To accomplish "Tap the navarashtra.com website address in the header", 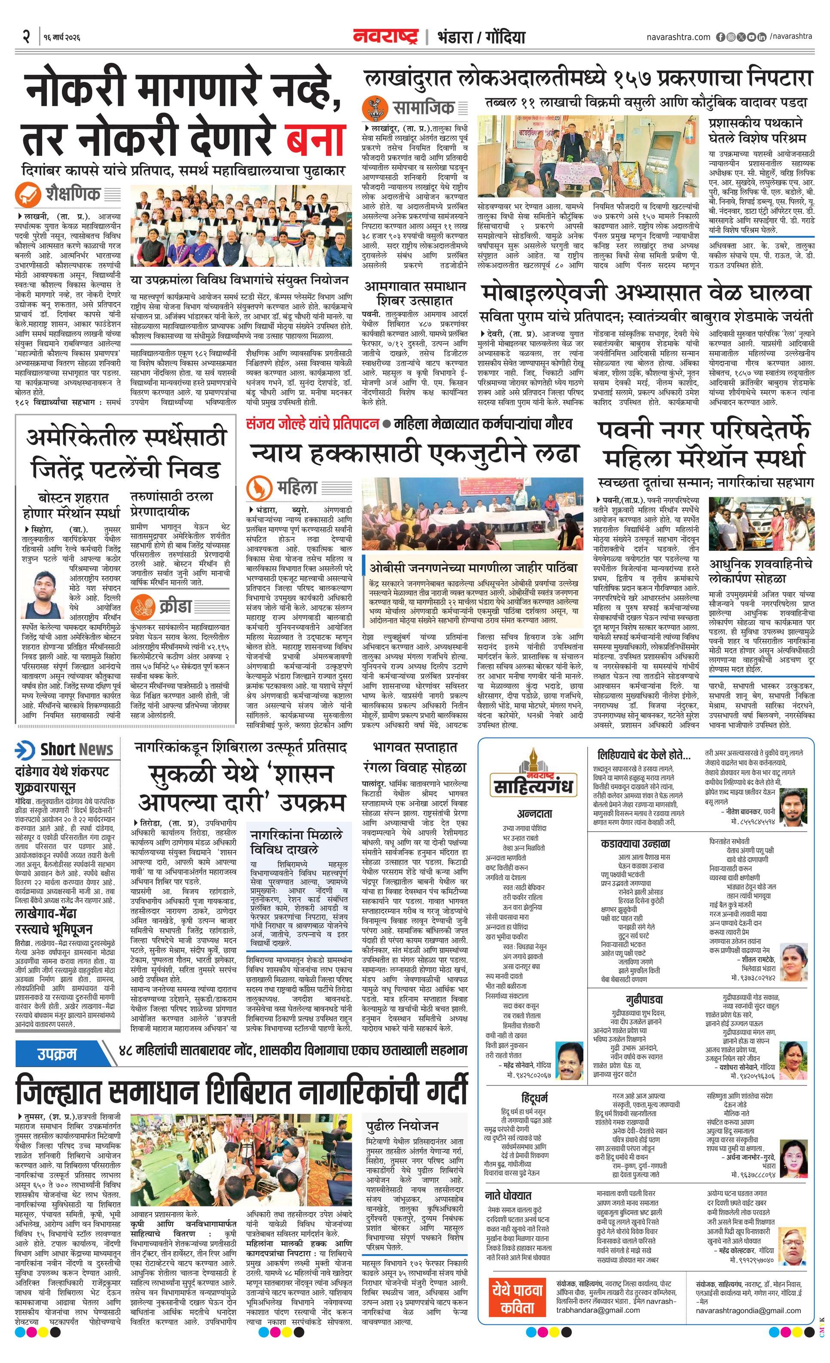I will click(x=678, y=37).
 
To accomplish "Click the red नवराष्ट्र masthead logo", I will click(x=386, y=37).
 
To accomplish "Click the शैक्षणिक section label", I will click(x=73, y=194).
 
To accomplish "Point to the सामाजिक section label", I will click(x=423, y=107).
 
